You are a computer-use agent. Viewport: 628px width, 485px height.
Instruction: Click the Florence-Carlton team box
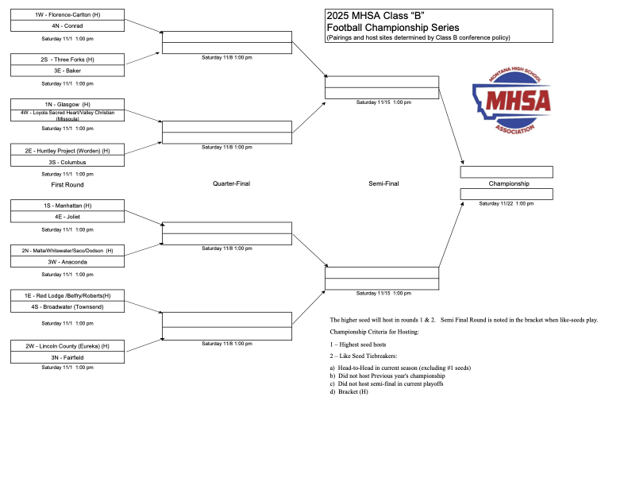(x=67, y=15)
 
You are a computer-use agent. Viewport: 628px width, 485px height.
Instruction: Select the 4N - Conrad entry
(x=67, y=25)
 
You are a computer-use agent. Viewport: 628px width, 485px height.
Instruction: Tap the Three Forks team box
(x=67, y=60)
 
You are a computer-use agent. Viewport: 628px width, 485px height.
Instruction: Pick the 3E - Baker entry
(x=67, y=71)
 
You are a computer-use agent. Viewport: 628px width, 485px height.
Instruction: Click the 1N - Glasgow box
(x=67, y=104)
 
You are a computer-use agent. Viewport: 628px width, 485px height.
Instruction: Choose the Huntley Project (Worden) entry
(x=67, y=150)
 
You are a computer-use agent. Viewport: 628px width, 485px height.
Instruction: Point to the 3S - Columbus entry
(x=67, y=161)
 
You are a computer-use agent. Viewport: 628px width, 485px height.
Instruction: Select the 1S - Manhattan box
(x=67, y=206)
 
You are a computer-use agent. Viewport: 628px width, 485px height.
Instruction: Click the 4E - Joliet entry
(x=67, y=217)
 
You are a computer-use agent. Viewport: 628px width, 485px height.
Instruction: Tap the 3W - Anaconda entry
(x=67, y=261)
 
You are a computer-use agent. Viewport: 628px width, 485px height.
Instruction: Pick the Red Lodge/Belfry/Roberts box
(x=67, y=295)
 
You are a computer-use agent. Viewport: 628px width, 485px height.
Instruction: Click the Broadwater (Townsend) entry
(x=67, y=306)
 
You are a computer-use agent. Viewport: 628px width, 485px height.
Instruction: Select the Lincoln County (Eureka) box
(x=67, y=346)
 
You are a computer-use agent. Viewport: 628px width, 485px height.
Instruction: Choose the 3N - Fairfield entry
(x=67, y=357)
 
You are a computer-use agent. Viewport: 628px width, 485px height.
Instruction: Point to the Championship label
(x=509, y=183)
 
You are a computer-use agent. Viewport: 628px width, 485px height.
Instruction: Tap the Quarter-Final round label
(x=231, y=183)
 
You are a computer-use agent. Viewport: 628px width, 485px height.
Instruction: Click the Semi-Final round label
(x=383, y=183)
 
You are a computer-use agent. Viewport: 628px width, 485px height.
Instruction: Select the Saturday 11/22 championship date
(x=507, y=203)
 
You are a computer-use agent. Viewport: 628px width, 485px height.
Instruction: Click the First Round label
(x=67, y=184)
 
